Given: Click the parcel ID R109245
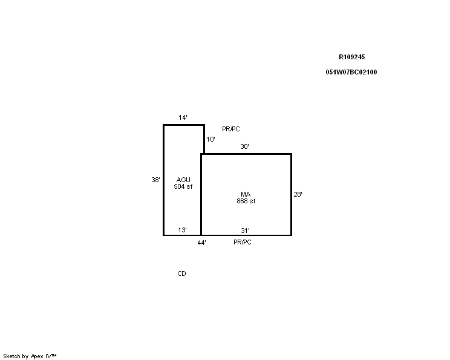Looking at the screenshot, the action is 351,57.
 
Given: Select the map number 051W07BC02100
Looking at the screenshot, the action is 351,72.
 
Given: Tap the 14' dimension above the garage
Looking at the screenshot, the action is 183,117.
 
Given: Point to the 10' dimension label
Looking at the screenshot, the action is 210,139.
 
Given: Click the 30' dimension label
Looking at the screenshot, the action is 244,146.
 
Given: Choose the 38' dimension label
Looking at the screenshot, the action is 156,180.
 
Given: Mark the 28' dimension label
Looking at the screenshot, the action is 298,194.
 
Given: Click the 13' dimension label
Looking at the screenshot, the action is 182,230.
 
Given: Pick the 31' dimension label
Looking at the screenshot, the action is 245,231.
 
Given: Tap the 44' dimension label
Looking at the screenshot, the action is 202,243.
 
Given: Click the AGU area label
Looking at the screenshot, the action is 183,180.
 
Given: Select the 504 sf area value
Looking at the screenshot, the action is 183,186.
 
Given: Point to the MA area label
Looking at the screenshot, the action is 246,194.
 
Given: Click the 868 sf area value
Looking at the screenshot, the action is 246,201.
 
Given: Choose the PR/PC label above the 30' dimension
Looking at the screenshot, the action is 231,129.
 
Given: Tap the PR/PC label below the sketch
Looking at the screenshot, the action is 243,242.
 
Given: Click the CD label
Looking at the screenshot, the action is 181,273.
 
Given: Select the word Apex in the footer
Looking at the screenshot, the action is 37,356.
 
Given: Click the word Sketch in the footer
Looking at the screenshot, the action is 11,356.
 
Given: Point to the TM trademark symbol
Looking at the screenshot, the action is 54,355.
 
